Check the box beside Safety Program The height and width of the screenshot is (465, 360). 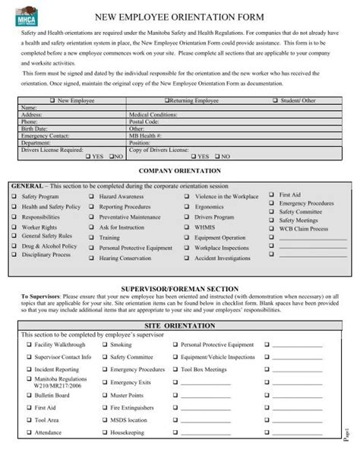click(14, 197)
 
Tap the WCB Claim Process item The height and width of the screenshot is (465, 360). click(304, 229)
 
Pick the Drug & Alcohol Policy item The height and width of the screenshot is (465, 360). click(49, 246)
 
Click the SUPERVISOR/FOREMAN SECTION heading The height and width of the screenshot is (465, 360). click(180, 289)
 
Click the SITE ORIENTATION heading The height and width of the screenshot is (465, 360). click(180, 324)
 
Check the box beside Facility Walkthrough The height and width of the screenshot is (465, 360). click(29, 345)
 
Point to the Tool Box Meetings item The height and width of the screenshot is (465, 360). click(203, 369)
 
